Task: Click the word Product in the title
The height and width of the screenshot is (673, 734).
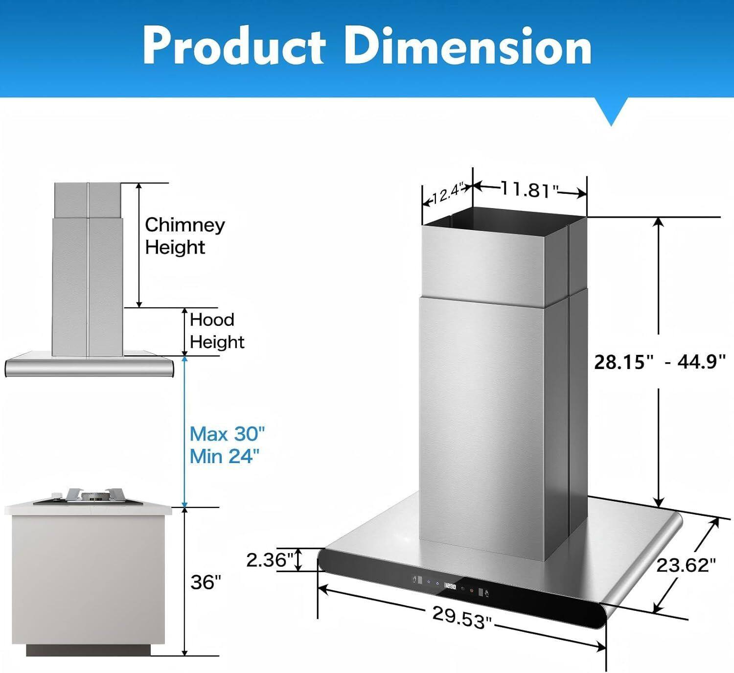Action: pos(234,46)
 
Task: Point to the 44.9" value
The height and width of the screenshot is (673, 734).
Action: pos(701,362)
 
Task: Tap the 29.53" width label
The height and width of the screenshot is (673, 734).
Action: pos(461,617)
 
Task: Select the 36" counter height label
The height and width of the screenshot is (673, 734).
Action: pos(206,582)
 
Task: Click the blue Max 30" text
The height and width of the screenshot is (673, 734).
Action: pos(227,434)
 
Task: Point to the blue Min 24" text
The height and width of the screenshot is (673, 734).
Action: pos(224,456)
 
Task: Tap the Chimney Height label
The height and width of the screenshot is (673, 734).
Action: pos(184,236)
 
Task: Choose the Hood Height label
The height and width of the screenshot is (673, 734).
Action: pos(216,330)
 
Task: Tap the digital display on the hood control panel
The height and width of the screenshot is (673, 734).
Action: pos(450,586)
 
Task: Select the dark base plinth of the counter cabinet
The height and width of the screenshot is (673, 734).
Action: pos(88,650)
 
